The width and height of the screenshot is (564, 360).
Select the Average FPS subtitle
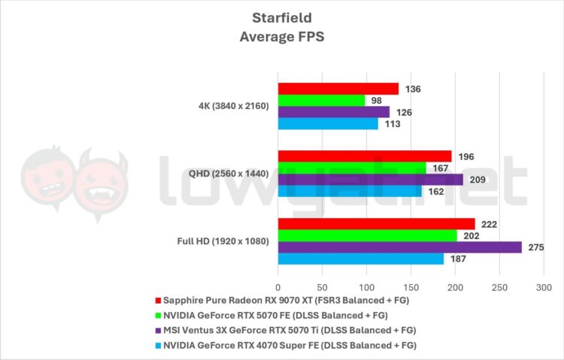tap(281, 36)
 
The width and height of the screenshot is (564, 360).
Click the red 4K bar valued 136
tap(338, 89)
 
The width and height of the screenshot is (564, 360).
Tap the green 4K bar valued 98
tap(321, 100)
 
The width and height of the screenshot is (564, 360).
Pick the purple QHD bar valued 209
tap(370, 180)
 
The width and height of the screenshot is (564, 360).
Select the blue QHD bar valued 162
tap(350, 191)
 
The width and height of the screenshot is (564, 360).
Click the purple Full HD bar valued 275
tap(399, 247)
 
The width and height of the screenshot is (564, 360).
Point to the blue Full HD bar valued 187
tap(360, 259)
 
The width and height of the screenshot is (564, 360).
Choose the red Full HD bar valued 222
tap(376, 224)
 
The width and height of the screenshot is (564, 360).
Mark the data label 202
tap(470, 235)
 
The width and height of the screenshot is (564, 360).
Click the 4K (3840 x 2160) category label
tap(228, 106)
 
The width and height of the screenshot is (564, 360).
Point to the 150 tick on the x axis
tap(411, 288)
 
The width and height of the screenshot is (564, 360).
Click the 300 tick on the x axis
tap(544, 288)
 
